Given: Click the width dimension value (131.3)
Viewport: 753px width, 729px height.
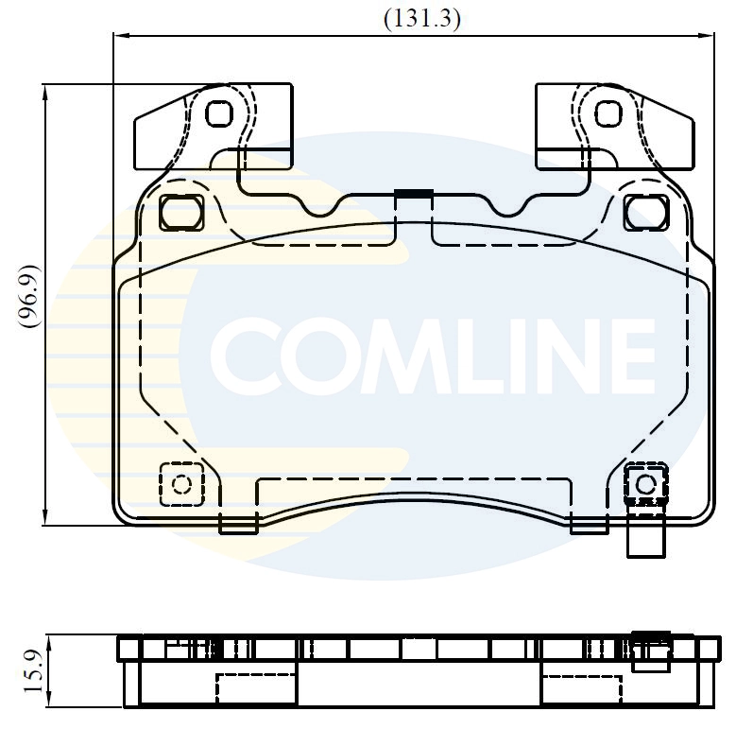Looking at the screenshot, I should pos(421,19).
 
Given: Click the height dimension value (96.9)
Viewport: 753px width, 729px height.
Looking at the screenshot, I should pos(29,296).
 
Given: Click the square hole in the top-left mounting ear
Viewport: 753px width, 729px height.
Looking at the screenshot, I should pos(218,113).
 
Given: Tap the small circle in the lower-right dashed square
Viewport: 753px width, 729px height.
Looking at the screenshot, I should pos(645,484).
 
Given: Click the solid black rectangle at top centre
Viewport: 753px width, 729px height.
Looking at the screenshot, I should pos(413,194).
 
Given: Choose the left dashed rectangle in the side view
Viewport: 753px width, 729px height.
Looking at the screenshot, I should pos(257,688).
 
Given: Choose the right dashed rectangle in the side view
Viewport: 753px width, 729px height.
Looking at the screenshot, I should pos(583,688).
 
